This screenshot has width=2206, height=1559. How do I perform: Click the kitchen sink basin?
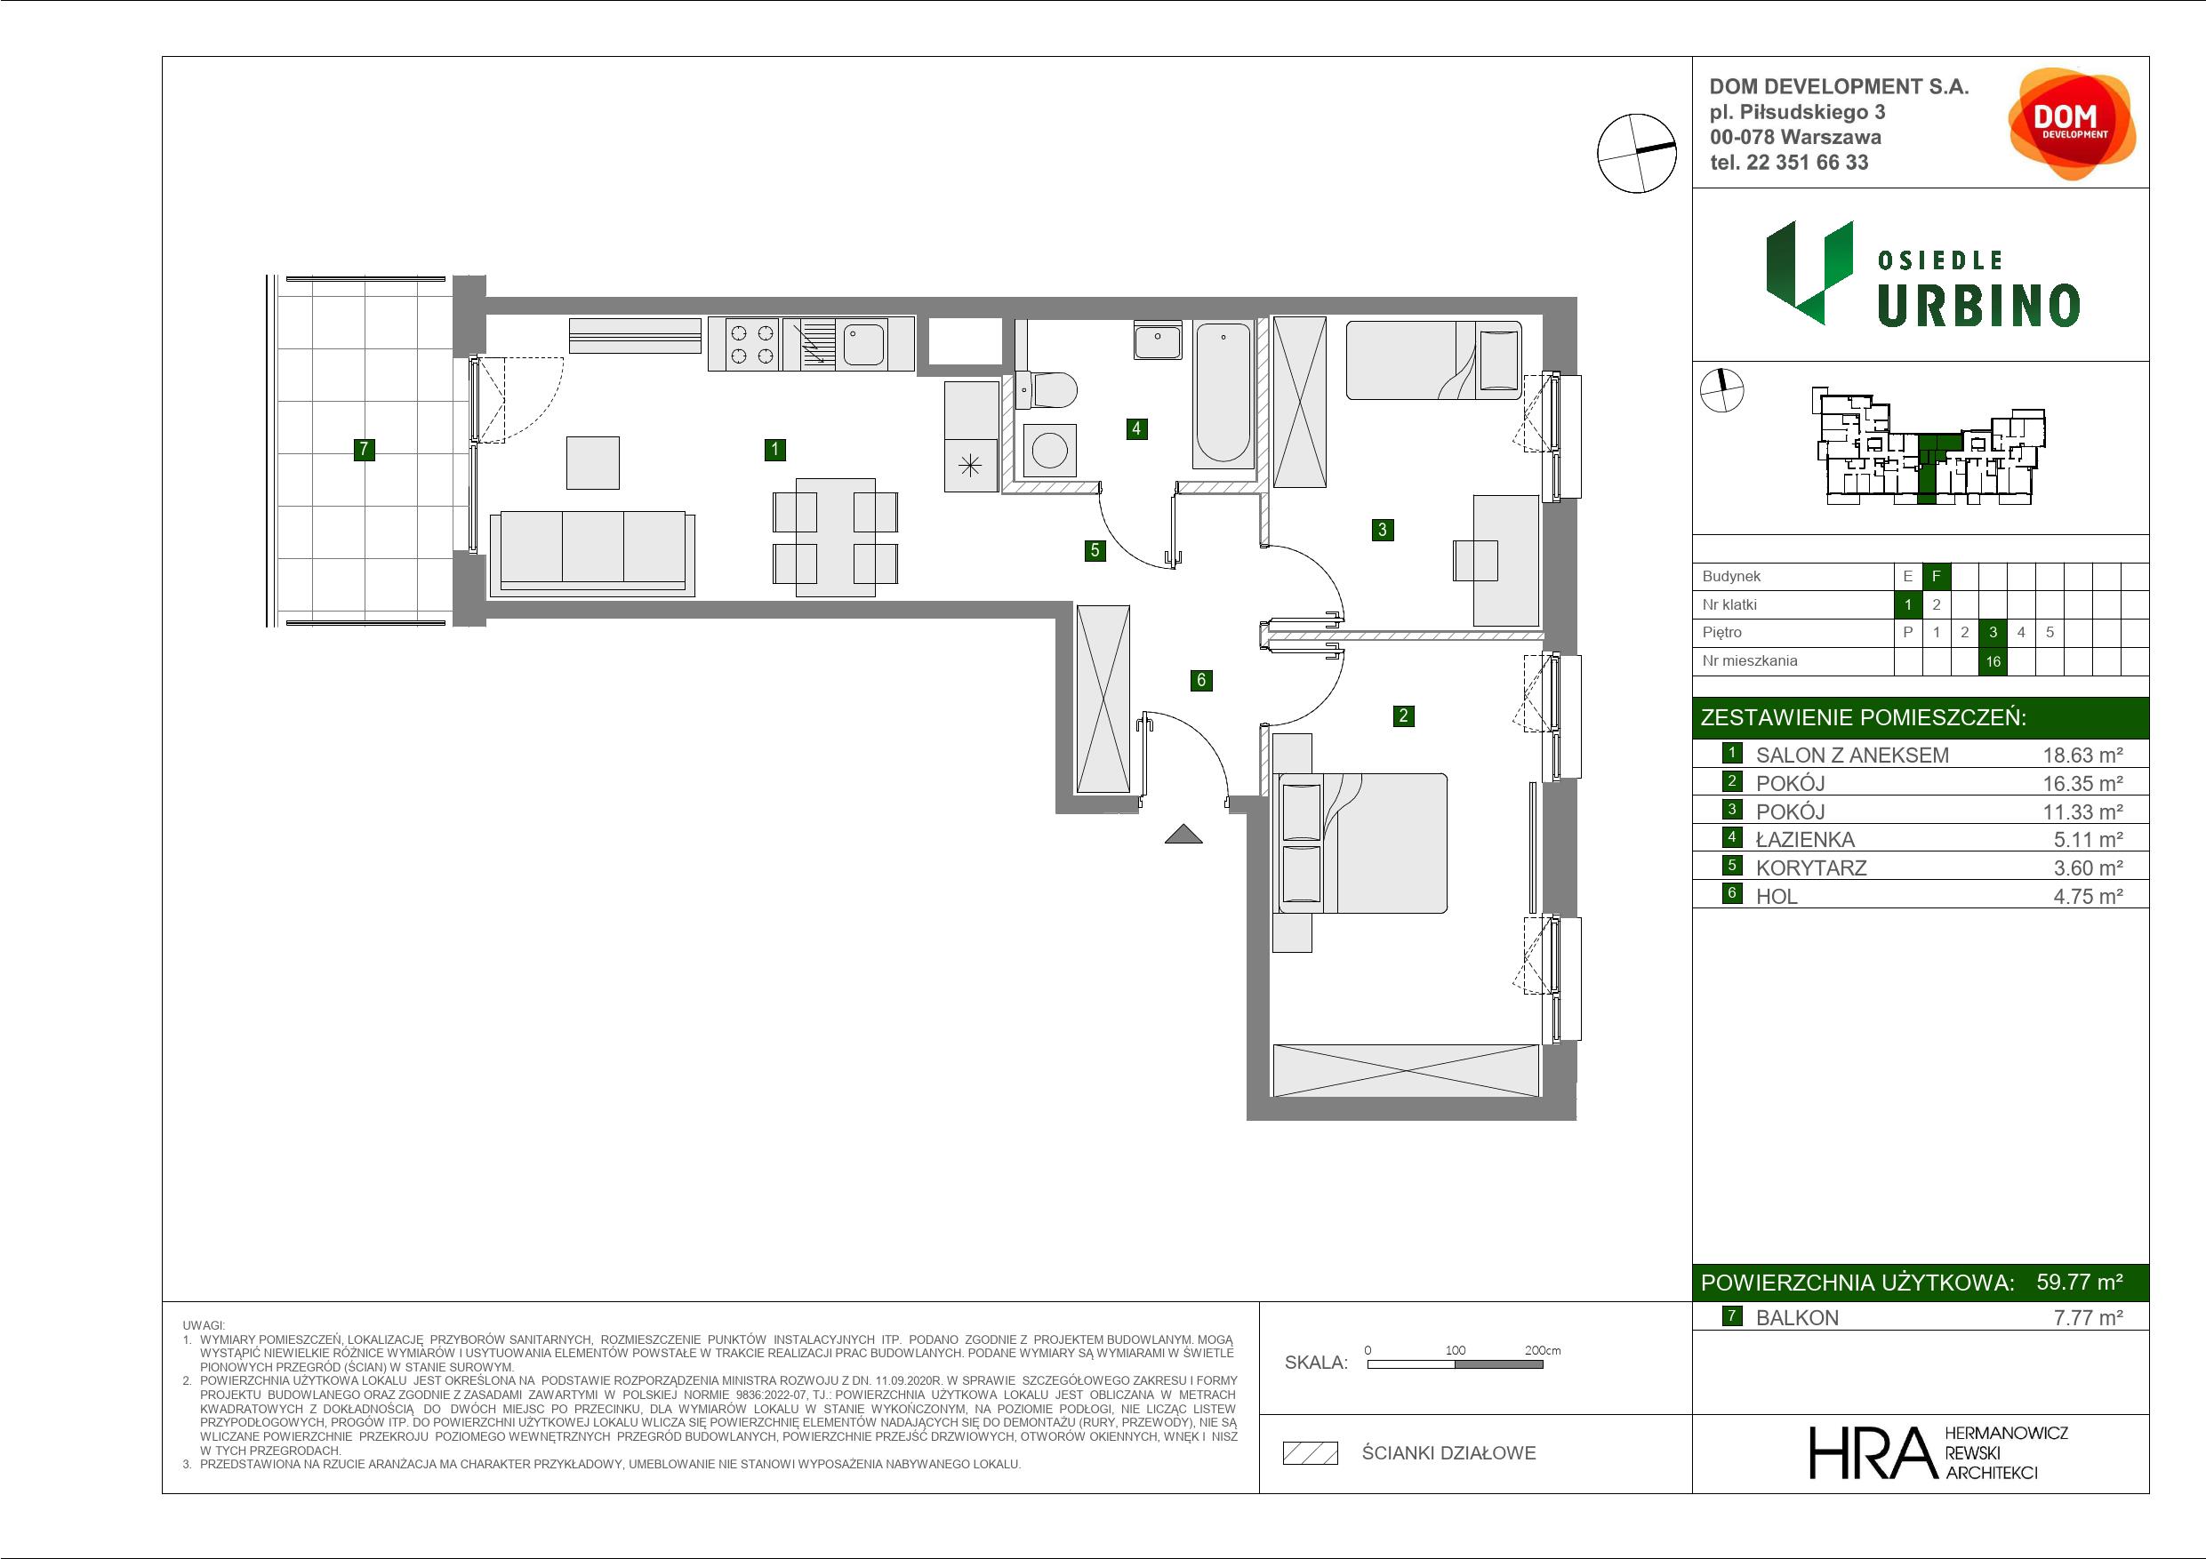863,344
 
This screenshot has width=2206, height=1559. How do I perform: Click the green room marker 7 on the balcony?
363,449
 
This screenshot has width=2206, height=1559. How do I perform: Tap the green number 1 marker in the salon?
774,449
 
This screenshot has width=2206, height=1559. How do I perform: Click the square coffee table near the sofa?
593,462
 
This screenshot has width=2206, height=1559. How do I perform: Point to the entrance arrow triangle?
1183,834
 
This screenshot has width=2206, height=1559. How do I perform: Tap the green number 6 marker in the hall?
1201,680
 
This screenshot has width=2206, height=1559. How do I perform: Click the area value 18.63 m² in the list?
2082,755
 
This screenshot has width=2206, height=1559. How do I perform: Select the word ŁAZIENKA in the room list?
1805,840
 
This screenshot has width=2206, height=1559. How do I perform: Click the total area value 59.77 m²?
2079,1282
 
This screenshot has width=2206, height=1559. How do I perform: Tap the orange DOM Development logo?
2071,123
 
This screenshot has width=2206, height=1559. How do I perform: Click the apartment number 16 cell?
1993,661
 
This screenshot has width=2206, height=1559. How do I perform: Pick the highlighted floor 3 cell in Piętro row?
1993,632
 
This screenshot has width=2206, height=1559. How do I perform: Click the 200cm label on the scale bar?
1542,1349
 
